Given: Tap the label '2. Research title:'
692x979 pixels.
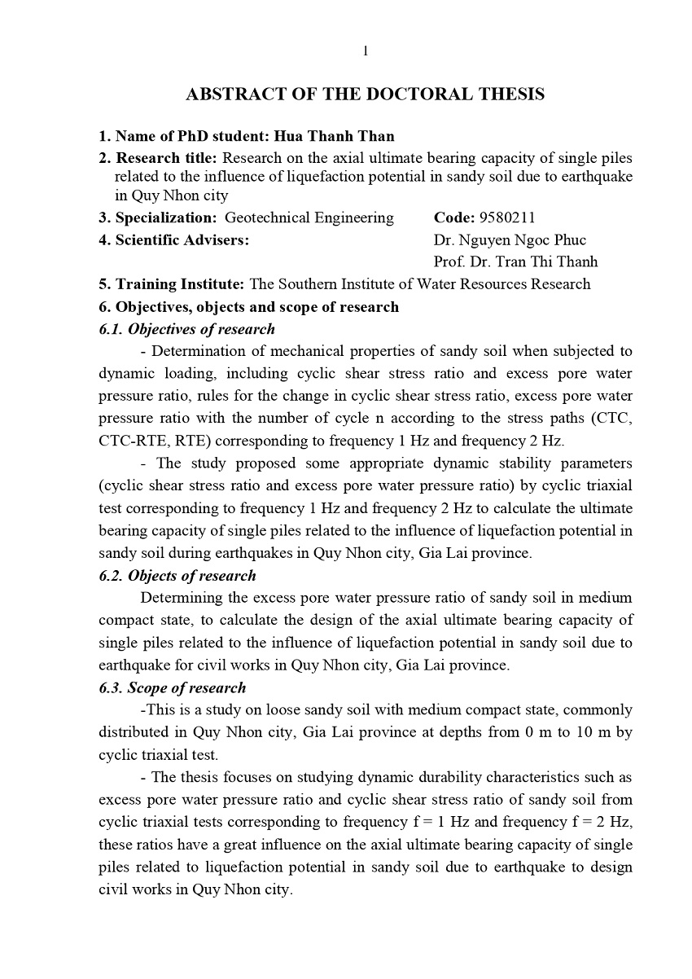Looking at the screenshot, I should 158,157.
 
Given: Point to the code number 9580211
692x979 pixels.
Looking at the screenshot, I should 507,217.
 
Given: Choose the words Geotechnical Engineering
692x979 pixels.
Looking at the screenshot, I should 309,217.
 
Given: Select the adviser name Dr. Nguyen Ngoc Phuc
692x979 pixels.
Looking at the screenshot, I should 510,240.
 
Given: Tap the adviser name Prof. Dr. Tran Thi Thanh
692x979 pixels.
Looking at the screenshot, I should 516,261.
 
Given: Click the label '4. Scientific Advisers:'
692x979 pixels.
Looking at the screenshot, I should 173,240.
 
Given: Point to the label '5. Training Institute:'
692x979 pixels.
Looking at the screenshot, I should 171,284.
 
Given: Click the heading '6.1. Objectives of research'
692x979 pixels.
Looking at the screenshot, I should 186,329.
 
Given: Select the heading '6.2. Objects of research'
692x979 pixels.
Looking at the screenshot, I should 177,575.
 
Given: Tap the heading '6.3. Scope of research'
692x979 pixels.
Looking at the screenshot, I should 172,687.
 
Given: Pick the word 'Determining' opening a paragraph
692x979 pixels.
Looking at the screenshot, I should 179,598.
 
